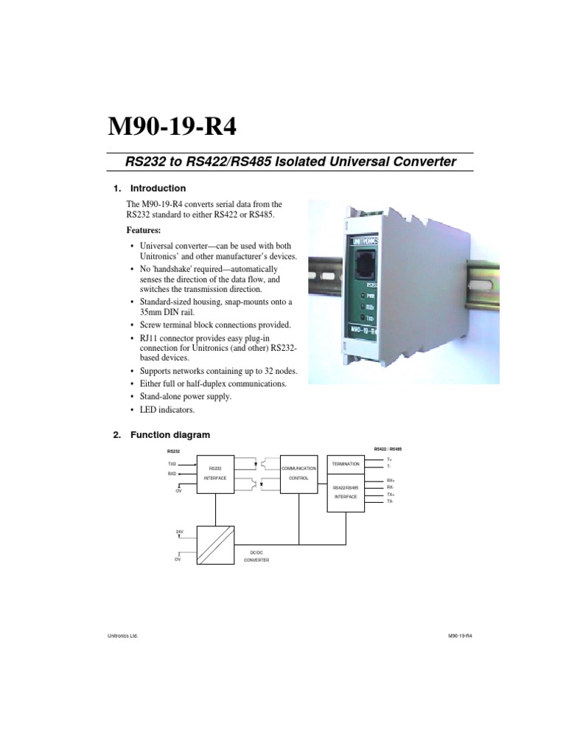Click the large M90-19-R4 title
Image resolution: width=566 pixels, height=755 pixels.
pyautogui.click(x=172, y=125)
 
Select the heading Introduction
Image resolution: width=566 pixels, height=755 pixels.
pyautogui.click(x=158, y=188)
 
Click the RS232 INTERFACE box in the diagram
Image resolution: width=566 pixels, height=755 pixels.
pyautogui.click(x=215, y=473)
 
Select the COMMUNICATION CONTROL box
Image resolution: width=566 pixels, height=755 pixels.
pyautogui.click(x=299, y=473)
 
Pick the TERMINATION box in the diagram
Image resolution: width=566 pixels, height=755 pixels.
pyautogui.click(x=346, y=465)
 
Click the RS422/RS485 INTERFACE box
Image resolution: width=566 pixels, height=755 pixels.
pyautogui.click(x=346, y=492)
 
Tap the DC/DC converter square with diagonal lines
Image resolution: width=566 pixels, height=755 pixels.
pyautogui.click(x=215, y=544)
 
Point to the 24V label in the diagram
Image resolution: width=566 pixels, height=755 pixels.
pyautogui.click(x=179, y=531)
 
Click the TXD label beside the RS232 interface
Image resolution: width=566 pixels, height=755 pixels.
pyautogui.click(x=172, y=464)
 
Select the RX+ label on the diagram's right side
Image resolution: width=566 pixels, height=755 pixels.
pyautogui.click(x=391, y=480)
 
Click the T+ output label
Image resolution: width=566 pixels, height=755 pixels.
pyautogui.click(x=389, y=460)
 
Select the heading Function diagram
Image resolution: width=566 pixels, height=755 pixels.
pyautogui.click(x=170, y=435)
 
